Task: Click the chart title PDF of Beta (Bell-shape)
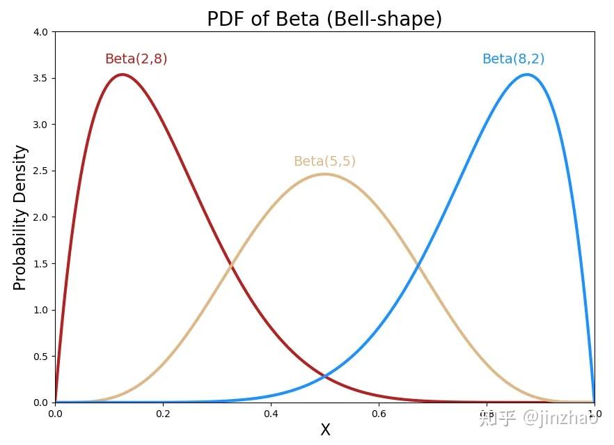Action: coord(324,19)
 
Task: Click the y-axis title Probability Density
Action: coord(20,217)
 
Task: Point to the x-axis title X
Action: coord(325,430)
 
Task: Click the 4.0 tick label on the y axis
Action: coord(40,32)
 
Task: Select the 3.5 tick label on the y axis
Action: coord(40,78)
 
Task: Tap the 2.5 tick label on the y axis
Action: coord(40,171)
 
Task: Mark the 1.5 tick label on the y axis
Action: coord(40,263)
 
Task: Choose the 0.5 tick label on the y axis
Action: coord(40,356)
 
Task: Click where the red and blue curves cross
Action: coord(324,377)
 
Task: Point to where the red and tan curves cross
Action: coord(232,265)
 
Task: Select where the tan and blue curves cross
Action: coord(417,265)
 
